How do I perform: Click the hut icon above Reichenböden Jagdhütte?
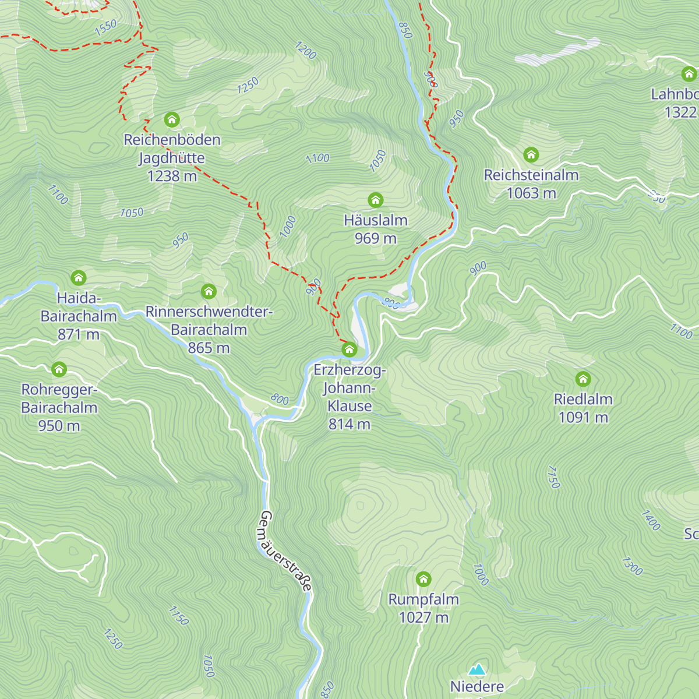(172, 120)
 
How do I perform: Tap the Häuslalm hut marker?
(376, 200)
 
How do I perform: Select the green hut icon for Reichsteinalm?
(531, 155)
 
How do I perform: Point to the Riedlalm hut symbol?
(583, 379)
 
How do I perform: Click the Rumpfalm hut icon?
(423, 579)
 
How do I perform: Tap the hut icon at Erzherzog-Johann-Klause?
(349, 349)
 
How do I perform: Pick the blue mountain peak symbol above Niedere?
(477, 669)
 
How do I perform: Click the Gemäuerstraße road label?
(285, 551)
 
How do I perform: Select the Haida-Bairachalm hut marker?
(79, 278)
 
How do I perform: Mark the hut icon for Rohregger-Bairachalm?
(59, 369)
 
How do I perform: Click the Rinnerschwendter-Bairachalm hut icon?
(209, 291)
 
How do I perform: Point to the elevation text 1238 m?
(172, 176)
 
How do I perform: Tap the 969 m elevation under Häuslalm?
(376, 238)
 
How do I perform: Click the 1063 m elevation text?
(531, 193)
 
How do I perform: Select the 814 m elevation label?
(349, 424)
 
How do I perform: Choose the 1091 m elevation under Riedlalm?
(583, 417)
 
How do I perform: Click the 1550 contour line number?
(106, 27)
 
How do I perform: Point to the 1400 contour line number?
(651, 520)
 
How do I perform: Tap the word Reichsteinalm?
(531, 175)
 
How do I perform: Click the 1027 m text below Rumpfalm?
(423, 617)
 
